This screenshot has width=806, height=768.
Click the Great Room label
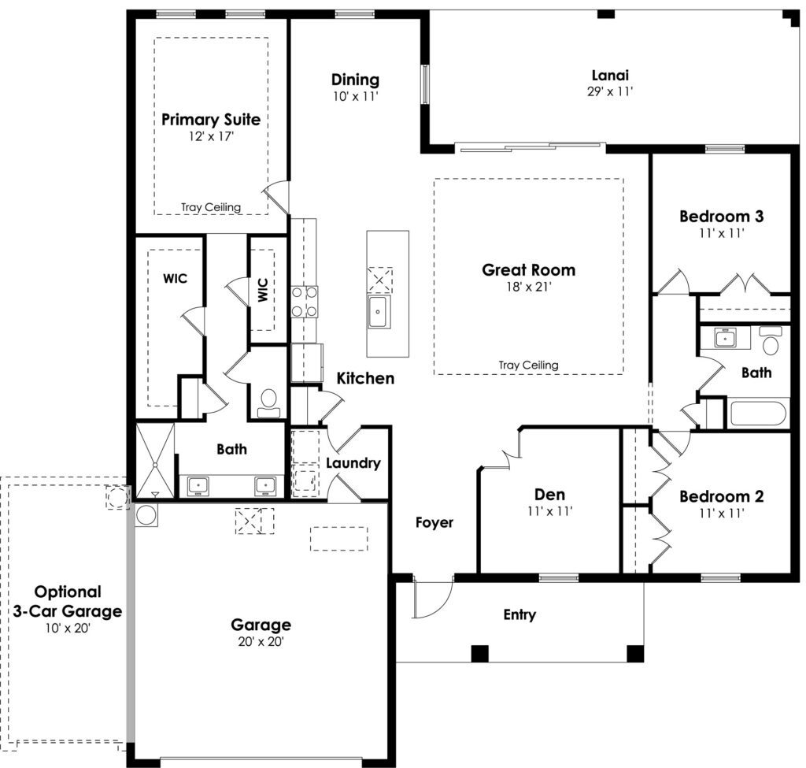(528, 270)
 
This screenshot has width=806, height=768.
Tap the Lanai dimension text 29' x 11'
(610, 91)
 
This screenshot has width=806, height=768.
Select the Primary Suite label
(211, 120)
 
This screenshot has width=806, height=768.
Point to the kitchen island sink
(379, 312)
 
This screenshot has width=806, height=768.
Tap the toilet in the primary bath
(268, 403)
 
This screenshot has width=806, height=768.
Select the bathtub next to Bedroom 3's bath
(758, 413)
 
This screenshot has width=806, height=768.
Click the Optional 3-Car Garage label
(68, 601)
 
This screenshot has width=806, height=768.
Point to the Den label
(549, 495)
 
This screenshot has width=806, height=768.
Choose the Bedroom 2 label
(721, 496)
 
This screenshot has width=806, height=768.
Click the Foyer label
(434, 522)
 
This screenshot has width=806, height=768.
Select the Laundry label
(353, 463)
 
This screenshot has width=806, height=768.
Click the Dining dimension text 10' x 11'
(355, 96)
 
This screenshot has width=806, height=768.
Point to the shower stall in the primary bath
(155, 460)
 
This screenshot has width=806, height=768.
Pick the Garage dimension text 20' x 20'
(261, 641)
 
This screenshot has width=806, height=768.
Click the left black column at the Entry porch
(479, 653)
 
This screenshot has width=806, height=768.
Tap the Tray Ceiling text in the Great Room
(528, 365)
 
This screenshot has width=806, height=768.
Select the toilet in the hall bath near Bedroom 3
(771, 340)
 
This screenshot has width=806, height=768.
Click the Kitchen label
(365, 379)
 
